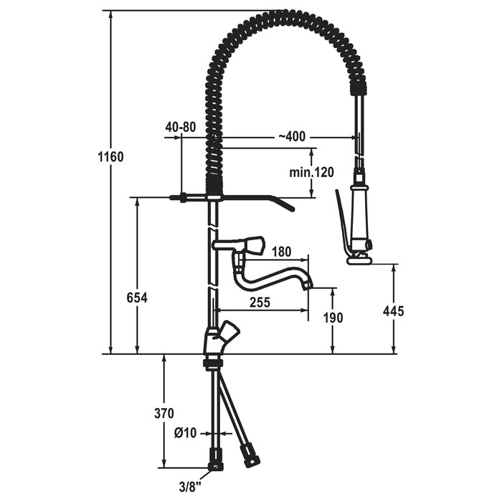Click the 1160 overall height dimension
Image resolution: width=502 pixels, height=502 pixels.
click(110, 157)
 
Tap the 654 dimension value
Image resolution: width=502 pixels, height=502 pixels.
click(138, 298)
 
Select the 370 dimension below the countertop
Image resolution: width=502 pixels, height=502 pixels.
click(164, 413)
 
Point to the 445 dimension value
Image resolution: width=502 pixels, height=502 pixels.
click(394, 311)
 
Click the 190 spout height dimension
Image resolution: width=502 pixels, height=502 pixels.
click(333, 318)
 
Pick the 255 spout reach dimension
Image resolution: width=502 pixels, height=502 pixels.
click(260, 302)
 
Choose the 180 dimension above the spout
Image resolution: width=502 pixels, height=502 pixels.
click(281, 252)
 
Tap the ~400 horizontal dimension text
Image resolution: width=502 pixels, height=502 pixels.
click(292, 137)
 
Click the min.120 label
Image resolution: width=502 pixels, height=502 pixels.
click(311, 172)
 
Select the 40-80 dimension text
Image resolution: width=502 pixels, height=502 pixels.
click(181, 127)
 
